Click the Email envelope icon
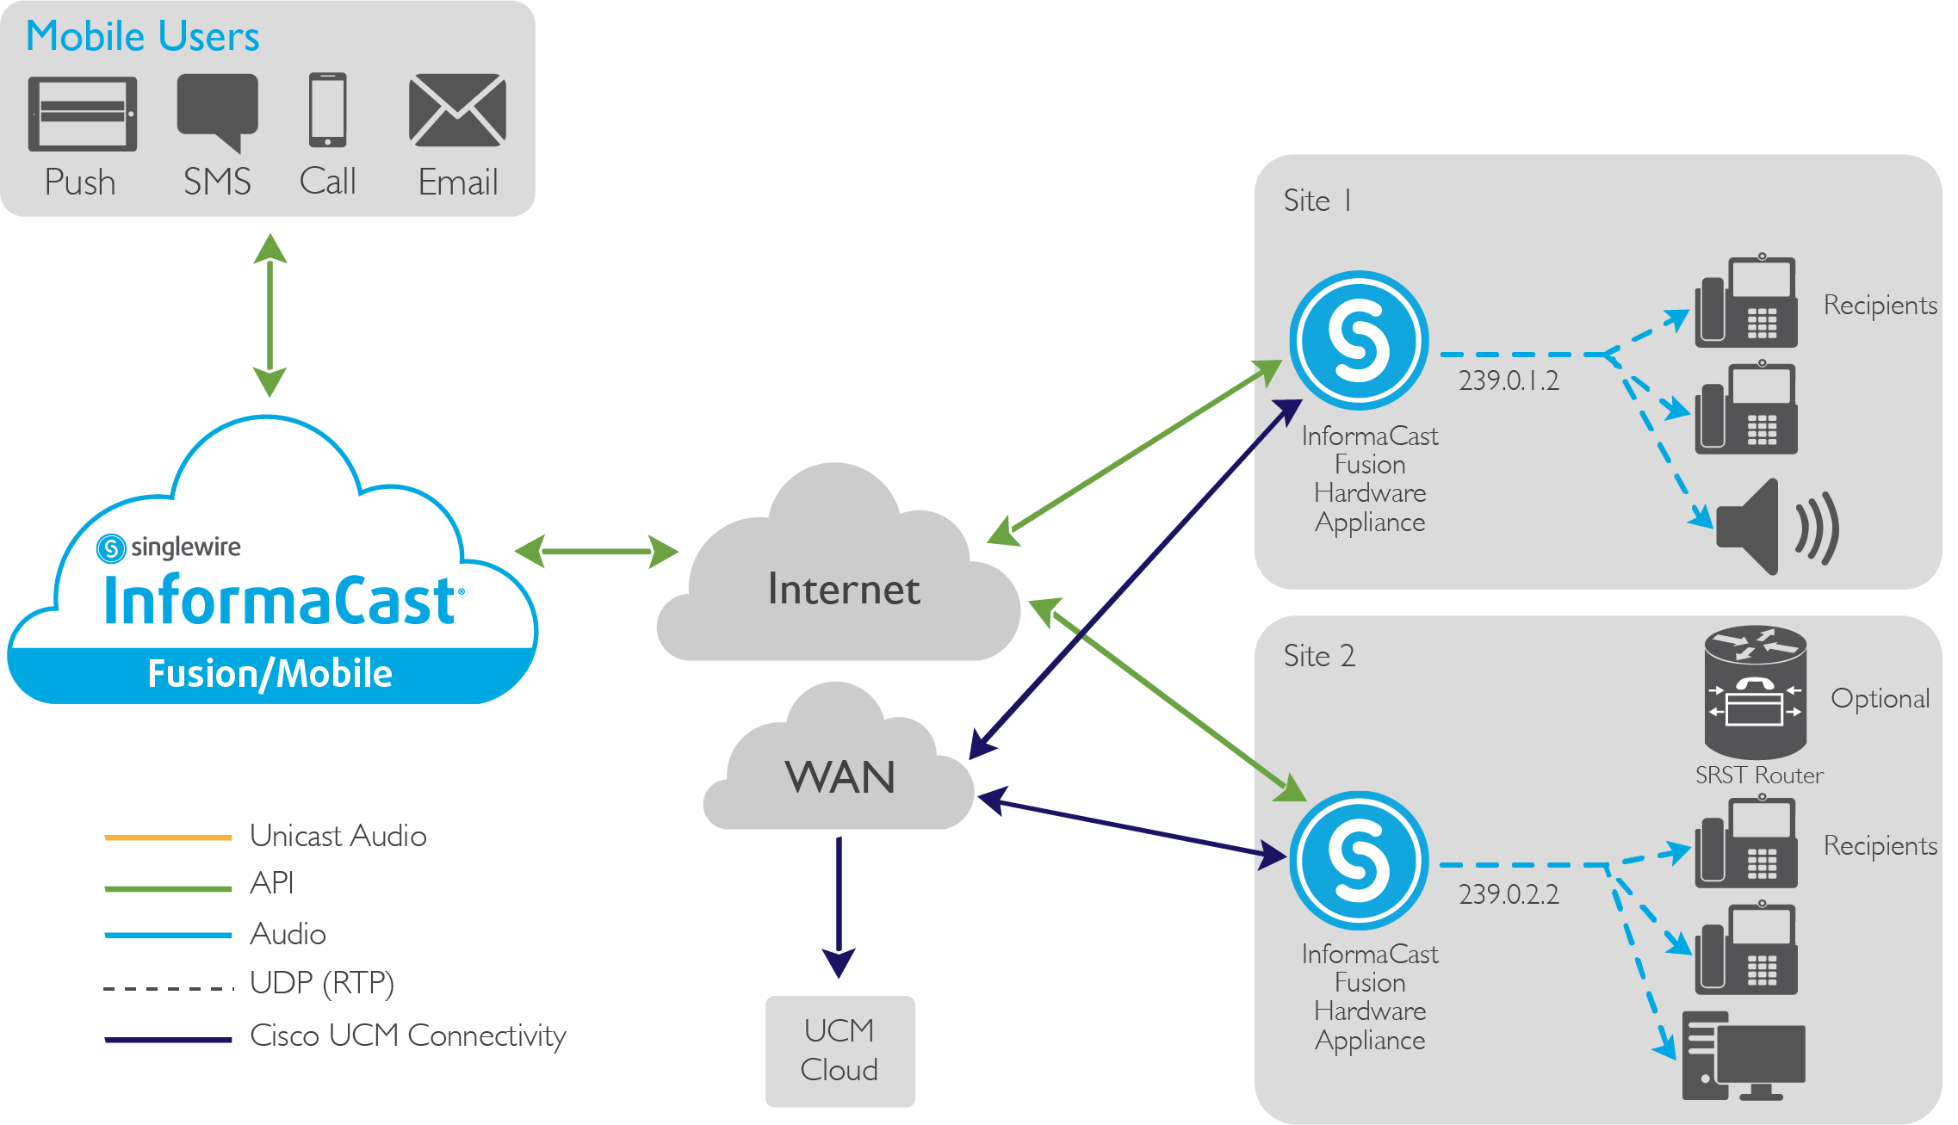click(457, 110)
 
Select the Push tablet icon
click(83, 114)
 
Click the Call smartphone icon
click(328, 110)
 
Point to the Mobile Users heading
click(143, 36)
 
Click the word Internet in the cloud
click(843, 590)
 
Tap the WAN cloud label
click(840, 777)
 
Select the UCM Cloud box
click(840, 1050)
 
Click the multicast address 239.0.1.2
click(1509, 380)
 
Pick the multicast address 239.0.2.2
click(1509, 894)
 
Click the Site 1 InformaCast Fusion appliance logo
click(1359, 340)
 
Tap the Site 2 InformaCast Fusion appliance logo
click(1359, 860)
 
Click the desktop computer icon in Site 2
click(1744, 1056)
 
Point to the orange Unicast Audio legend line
click(168, 837)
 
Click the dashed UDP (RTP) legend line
click(168, 987)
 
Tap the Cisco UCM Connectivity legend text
click(407, 1035)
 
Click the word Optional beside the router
click(1880, 698)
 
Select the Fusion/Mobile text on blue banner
click(270, 674)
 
